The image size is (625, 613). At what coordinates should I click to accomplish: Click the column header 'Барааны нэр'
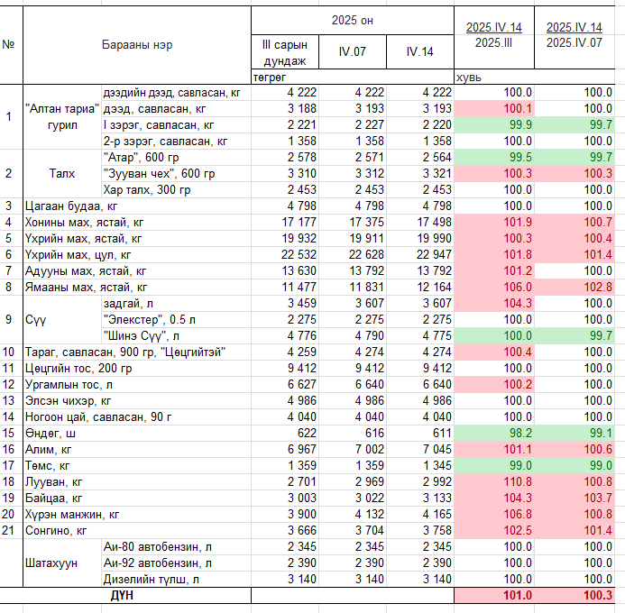[137, 44]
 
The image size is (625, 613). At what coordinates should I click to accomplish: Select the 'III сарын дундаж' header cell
[285, 52]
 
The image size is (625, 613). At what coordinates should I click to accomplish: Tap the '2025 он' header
[353, 21]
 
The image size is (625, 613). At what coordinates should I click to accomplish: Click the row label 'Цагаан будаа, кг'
[71, 206]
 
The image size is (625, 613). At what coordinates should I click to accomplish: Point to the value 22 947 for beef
[434, 254]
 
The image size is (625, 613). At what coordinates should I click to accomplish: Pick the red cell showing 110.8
[518, 482]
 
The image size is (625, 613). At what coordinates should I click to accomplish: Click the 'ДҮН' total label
[122, 596]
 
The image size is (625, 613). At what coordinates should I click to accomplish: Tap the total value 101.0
[518, 596]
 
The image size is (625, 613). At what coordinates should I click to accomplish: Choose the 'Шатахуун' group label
[51, 563]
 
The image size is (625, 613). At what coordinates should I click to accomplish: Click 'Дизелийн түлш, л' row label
[152, 580]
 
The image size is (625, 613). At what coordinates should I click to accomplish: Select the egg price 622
[307, 434]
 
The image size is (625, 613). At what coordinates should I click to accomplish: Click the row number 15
[8, 434]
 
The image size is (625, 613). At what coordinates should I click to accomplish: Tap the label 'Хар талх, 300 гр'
[147, 190]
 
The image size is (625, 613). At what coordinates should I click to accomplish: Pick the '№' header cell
[8, 44]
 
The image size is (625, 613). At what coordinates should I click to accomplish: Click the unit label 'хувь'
[468, 78]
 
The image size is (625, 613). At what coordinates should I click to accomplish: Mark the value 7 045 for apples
[437, 450]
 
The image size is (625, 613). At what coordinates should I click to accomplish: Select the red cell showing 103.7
[598, 499]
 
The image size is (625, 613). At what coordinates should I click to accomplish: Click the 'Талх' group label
[62, 174]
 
